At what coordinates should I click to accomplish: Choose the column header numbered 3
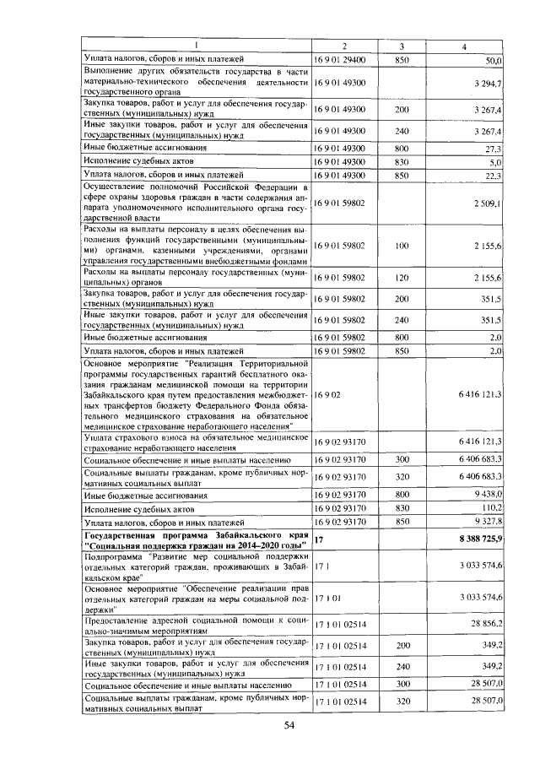pos(402,45)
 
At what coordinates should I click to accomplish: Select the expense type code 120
pos(402,278)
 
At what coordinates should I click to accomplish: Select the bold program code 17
pos(319,538)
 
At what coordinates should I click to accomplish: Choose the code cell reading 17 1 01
pos(328,596)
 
